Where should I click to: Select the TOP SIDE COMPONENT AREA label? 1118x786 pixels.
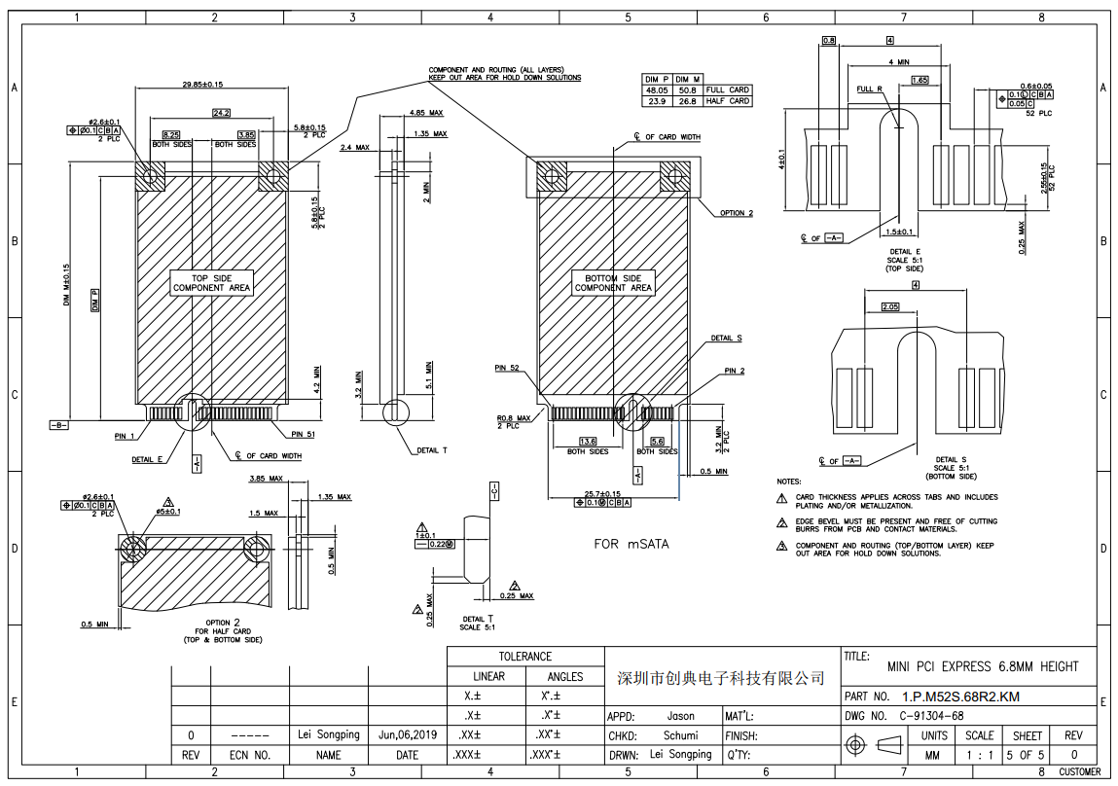211,283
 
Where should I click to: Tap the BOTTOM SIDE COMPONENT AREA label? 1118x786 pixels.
613,283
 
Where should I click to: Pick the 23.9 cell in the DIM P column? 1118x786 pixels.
657,101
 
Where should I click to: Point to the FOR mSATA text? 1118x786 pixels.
631,545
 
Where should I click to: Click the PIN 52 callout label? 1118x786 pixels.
507,369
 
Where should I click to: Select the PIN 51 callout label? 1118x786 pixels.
303,434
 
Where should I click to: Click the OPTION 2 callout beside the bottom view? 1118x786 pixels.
737,213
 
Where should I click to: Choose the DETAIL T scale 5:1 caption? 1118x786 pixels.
477,623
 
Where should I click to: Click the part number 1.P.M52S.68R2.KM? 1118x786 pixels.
960,697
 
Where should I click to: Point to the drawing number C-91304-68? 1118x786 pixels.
931,716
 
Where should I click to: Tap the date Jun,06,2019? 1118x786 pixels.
407,735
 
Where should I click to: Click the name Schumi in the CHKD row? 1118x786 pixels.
680,735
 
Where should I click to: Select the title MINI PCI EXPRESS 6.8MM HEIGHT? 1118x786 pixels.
983,666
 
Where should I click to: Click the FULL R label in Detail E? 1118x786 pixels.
869,89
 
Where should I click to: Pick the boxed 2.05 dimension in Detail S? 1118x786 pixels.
889,306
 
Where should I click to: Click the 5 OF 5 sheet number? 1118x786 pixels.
1026,754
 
